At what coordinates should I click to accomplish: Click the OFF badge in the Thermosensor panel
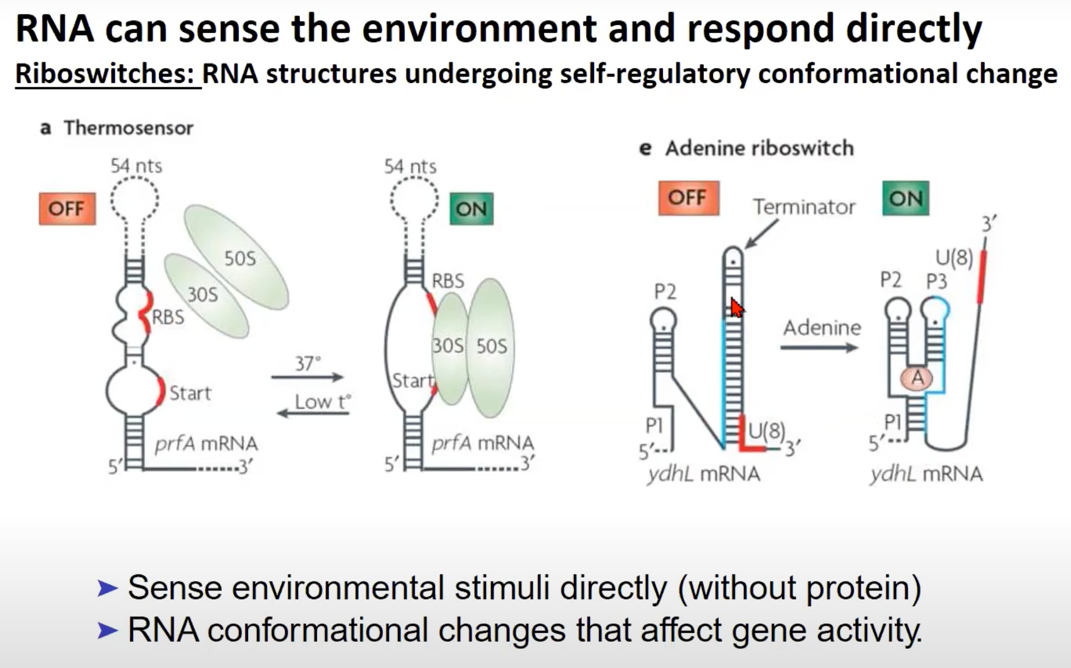tap(67, 208)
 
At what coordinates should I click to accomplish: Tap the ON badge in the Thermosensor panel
tap(471, 208)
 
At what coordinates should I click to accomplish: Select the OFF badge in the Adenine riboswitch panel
tap(688, 198)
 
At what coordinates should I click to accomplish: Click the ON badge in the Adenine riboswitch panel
tap(905, 198)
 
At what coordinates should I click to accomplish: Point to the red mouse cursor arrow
tap(737, 308)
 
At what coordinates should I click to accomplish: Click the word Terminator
tap(804, 207)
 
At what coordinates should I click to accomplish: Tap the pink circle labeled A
tap(917, 378)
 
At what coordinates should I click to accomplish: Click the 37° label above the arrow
tap(308, 364)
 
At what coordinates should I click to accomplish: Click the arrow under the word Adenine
tap(819, 348)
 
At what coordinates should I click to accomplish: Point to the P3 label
tap(937, 281)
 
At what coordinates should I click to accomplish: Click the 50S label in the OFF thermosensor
tap(240, 259)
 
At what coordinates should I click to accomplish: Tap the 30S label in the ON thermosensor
tap(447, 346)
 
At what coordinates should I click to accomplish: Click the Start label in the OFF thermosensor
tap(190, 393)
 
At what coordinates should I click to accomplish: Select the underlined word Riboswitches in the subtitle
tap(105, 74)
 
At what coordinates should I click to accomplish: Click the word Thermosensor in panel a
tap(129, 128)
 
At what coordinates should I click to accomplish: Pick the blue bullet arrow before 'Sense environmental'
tap(107, 588)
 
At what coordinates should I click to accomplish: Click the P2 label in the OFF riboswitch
tap(665, 292)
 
